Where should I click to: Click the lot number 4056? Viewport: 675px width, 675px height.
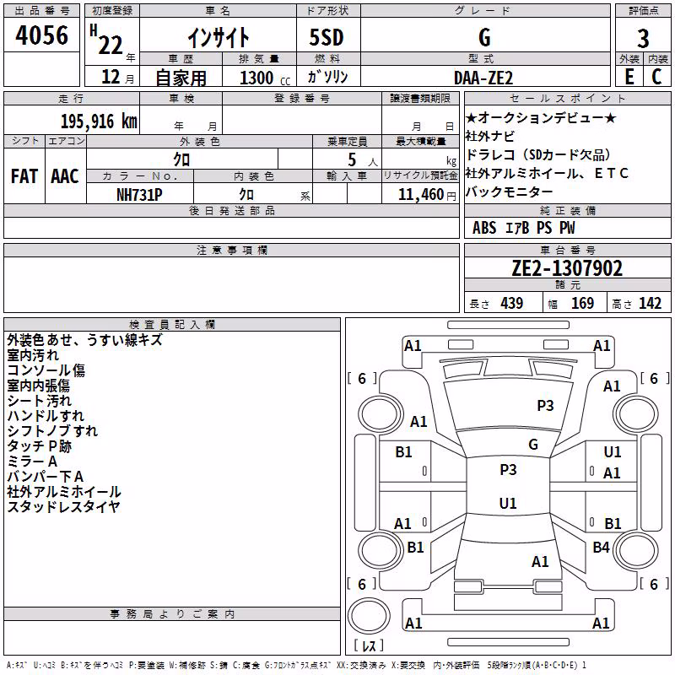click(x=41, y=35)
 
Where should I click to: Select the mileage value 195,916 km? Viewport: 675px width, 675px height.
click(x=99, y=121)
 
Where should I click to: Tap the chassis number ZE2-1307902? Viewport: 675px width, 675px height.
click(x=567, y=268)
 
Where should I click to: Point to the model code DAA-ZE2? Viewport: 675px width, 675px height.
click(x=483, y=78)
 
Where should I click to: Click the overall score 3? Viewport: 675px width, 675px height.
click(x=643, y=39)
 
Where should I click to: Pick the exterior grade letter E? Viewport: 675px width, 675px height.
click(x=629, y=77)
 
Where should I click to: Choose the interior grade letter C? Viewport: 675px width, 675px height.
click(x=656, y=77)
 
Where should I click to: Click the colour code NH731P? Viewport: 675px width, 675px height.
click(x=139, y=195)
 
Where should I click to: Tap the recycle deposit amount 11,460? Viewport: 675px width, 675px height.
click(x=420, y=195)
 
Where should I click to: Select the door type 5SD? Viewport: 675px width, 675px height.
click(x=327, y=38)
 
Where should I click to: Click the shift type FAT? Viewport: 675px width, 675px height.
click(x=24, y=176)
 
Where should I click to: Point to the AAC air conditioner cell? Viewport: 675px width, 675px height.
click(x=65, y=176)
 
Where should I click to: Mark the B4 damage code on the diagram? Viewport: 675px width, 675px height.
click(x=601, y=547)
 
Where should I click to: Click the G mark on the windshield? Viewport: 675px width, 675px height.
click(x=533, y=445)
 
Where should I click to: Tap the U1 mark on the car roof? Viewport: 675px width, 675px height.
click(x=508, y=503)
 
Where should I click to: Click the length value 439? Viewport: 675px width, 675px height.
click(x=512, y=303)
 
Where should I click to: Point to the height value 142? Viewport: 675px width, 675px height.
click(x=650, y=303)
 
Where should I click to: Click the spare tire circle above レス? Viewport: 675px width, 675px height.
click(x=369, y=616)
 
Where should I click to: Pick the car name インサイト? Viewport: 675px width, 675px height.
click(x=219, y=37)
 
